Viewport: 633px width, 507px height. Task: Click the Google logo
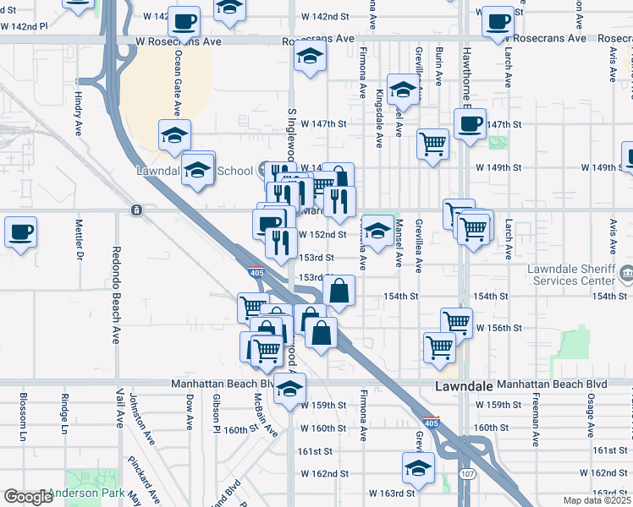click(x=27, y=497)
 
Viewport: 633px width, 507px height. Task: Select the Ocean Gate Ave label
click(x=178, y=83)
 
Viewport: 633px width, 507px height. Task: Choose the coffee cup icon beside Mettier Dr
click(x=21, y=231)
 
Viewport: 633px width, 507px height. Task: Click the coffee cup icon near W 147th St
click(x=470, y=124)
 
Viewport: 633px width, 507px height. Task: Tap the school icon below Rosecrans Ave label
click(x=310, y=57)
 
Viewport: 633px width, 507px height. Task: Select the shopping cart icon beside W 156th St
click(x=456, y=321)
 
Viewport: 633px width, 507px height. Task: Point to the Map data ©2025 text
click(x=598, y=500)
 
